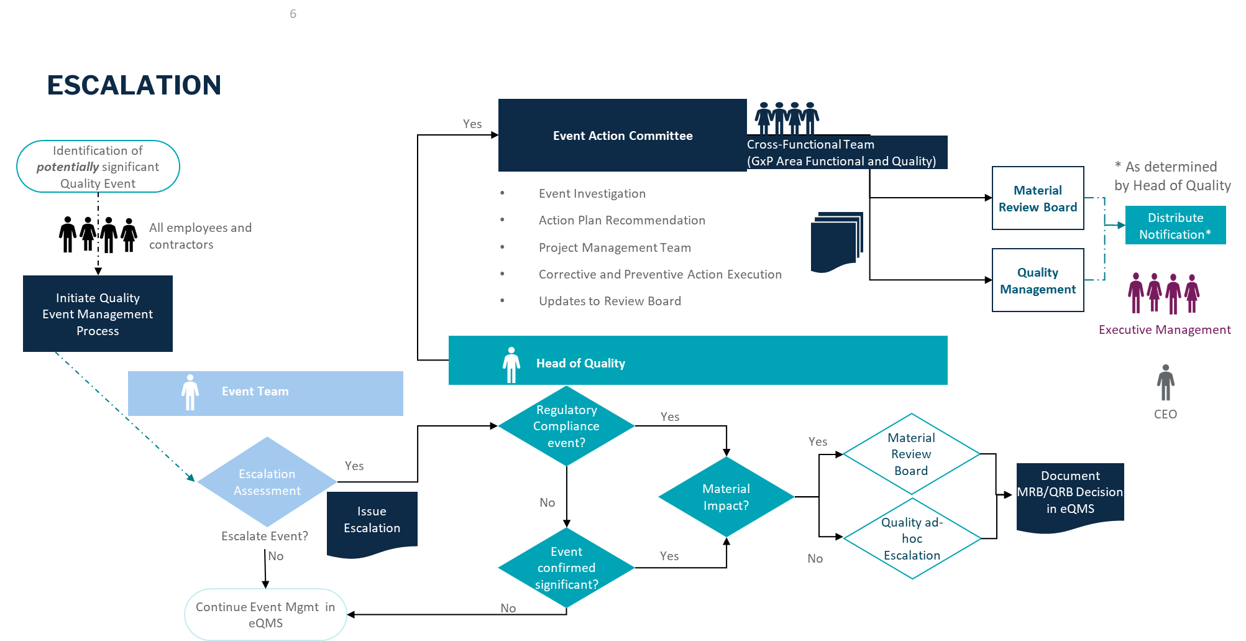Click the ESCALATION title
coord(134,85)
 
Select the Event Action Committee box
coord(622,136)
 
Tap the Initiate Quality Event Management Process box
coord(98,314)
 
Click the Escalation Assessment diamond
coord(267,482)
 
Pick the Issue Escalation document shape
coord(372,520)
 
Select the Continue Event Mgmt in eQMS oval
coord(265,614)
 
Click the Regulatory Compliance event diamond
coord(566,427)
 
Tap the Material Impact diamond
coord(726,497)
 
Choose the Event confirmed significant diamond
coord(566,568)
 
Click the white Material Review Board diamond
coord(911,454)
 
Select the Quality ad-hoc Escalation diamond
coord(912,538)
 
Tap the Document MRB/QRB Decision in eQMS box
coord(1070,493)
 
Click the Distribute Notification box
coord(1175,226)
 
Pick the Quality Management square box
coord(1038,280)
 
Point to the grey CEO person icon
coord(1165,382)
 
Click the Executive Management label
coord(1164,330)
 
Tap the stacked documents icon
coord(836,242)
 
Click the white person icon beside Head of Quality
coord(511,365)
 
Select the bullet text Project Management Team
coord(615,247)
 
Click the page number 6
coord(293,14)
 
